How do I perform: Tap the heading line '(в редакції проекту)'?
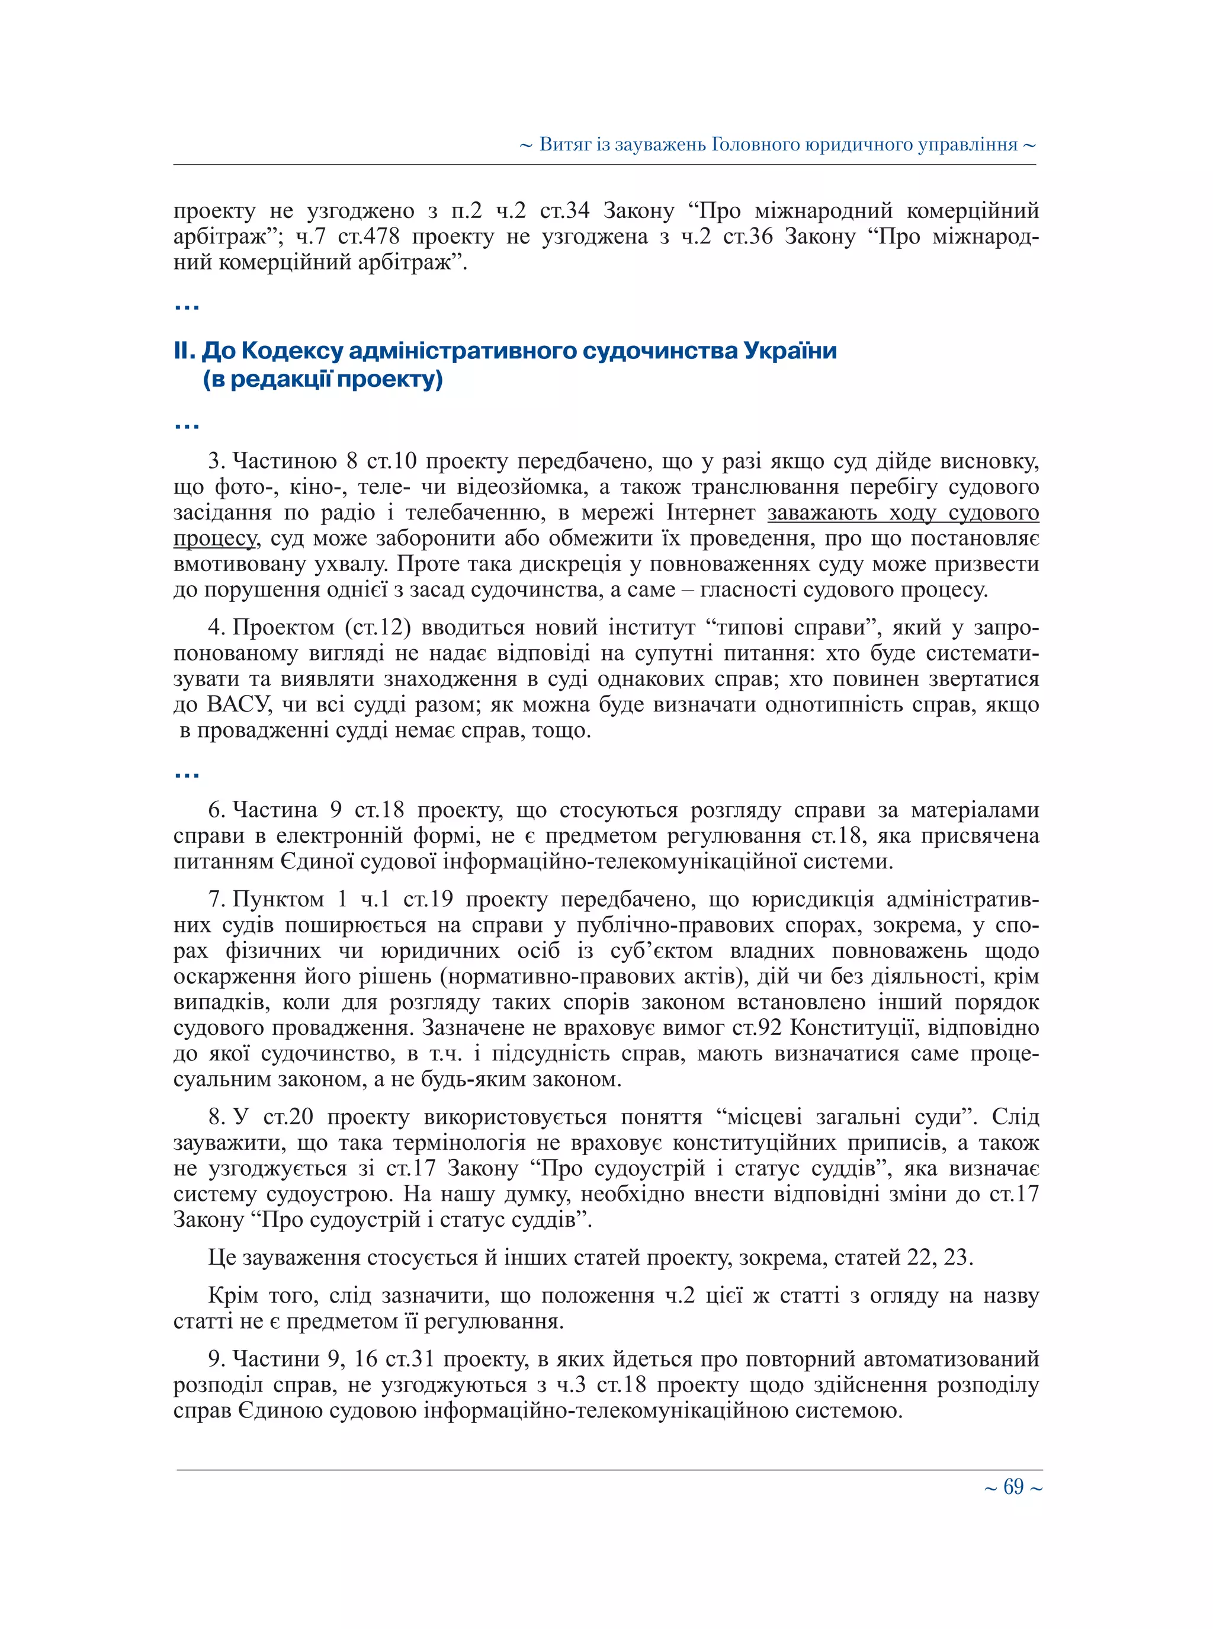click(x=323, y=380)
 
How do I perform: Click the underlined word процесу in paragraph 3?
click(x=214, y=539)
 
